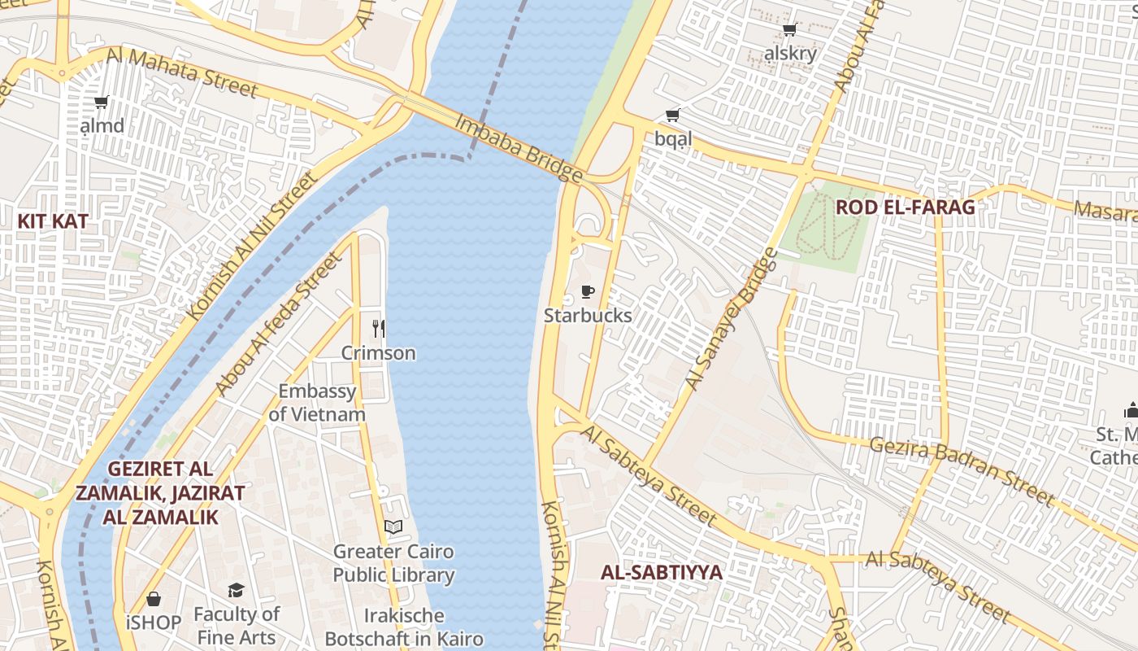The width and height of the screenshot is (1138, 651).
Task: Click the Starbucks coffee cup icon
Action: coord(588,291)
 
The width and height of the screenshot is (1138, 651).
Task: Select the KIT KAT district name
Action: coord(52,221)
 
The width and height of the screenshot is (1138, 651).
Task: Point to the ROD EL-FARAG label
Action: coord(905,207)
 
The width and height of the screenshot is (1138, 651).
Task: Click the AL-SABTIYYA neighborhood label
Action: coord(661,572)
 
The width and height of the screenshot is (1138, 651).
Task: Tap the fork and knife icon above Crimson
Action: coord(378,329)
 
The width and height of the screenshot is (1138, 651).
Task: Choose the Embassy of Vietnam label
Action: coord(317,403)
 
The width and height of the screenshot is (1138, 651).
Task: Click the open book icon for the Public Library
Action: coord(393,527)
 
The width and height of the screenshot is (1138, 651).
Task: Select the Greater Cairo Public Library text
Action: coord(393,563)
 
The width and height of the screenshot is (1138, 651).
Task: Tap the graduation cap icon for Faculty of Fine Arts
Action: coord(236,590)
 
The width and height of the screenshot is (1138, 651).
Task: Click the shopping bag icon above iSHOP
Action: coord(154,599)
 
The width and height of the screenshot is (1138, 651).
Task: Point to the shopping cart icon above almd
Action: coord(102,103)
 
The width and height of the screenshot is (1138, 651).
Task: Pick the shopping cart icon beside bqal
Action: coord(672,116)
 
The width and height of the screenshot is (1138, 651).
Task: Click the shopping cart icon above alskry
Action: coord(788,30)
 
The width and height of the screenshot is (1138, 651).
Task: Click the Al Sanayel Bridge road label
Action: coord(731,319)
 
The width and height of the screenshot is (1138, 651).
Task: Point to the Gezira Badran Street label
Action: coord(961,470)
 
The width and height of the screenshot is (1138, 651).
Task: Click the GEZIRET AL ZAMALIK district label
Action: coord(159,492)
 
